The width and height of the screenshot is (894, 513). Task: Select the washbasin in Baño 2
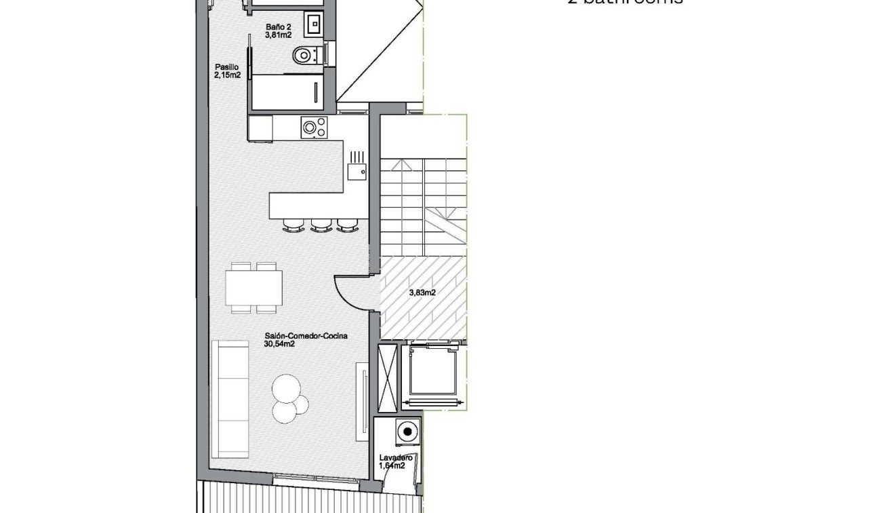point(314,25)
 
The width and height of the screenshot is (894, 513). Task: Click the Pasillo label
point(226,67)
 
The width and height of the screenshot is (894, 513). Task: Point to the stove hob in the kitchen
point(314,127)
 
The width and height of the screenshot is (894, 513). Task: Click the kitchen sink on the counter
point(357,171)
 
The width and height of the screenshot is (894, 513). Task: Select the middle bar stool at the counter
point(321,225)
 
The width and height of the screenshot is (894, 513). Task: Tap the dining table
point(254,288)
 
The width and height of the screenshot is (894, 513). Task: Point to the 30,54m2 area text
point(279,344)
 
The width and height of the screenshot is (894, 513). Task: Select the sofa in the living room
point(230,399)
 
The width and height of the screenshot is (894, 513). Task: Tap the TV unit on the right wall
point(363,400)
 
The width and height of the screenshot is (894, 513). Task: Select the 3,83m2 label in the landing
point(422,293)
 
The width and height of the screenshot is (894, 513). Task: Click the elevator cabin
point(434,373)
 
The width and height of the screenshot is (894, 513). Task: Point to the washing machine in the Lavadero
point(407,432)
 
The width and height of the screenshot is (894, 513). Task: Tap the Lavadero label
point(396,458)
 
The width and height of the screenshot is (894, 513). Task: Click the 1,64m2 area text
point(392,466)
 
